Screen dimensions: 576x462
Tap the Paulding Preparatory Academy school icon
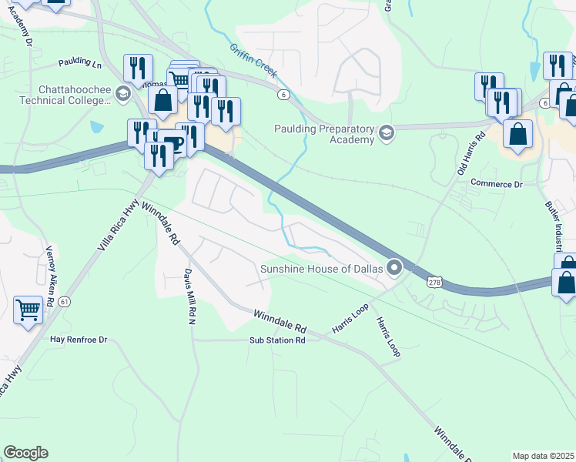(x=386, y=133)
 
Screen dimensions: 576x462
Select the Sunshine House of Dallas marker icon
(x=394, y=269)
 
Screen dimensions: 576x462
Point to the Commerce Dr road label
(x=496, y=184)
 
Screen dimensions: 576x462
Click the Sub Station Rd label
(x=277, y=340)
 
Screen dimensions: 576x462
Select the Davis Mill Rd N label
(x=188, y=297)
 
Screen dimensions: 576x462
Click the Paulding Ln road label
(x=79, y=62)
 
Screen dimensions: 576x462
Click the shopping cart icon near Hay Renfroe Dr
(x=28, y=310)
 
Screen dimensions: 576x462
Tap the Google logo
(x=25, y=453)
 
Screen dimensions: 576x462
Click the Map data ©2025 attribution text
(x=543, y=456)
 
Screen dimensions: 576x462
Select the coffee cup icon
(x=174, y=143)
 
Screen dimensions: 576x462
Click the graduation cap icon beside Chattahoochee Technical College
(x=122, y=94)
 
